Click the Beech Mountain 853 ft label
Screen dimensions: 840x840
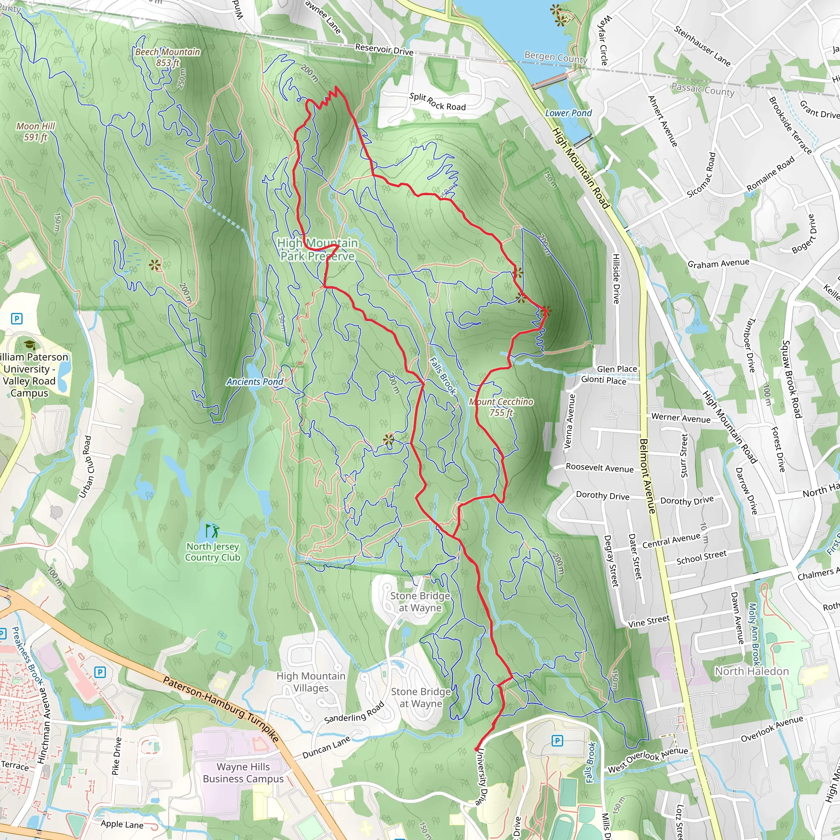tap(167, 57)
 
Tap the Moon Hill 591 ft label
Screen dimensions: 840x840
tap(36, 131)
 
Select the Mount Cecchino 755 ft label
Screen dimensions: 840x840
tap(501, 407)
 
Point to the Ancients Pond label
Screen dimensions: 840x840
tap(255, 382)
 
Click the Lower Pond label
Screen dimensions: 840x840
tap(568, 113)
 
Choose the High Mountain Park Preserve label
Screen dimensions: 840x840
tap(317, 249)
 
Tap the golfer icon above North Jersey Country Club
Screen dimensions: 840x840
tap(212, 531)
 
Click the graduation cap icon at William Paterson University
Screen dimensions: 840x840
tap(30, 345)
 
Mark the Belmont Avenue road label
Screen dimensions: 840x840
tap(647, 476)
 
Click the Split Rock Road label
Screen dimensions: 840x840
tap(437, 102)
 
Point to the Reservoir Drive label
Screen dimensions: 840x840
tap(384, 49)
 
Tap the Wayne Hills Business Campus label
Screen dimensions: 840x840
tap(243, 773)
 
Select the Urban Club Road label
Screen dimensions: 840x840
tap(85, 466)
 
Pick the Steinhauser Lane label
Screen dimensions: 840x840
tap(702, 46)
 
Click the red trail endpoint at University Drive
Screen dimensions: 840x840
tap(477, 749)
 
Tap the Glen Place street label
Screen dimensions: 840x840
tap(616, 369)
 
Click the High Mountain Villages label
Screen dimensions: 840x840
tap(311, 682)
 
